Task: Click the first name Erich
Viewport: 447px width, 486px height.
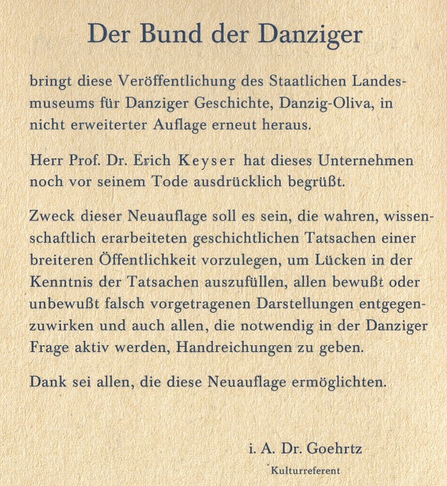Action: click(151, 161)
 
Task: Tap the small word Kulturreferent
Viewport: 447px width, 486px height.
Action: click(305, 470)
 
